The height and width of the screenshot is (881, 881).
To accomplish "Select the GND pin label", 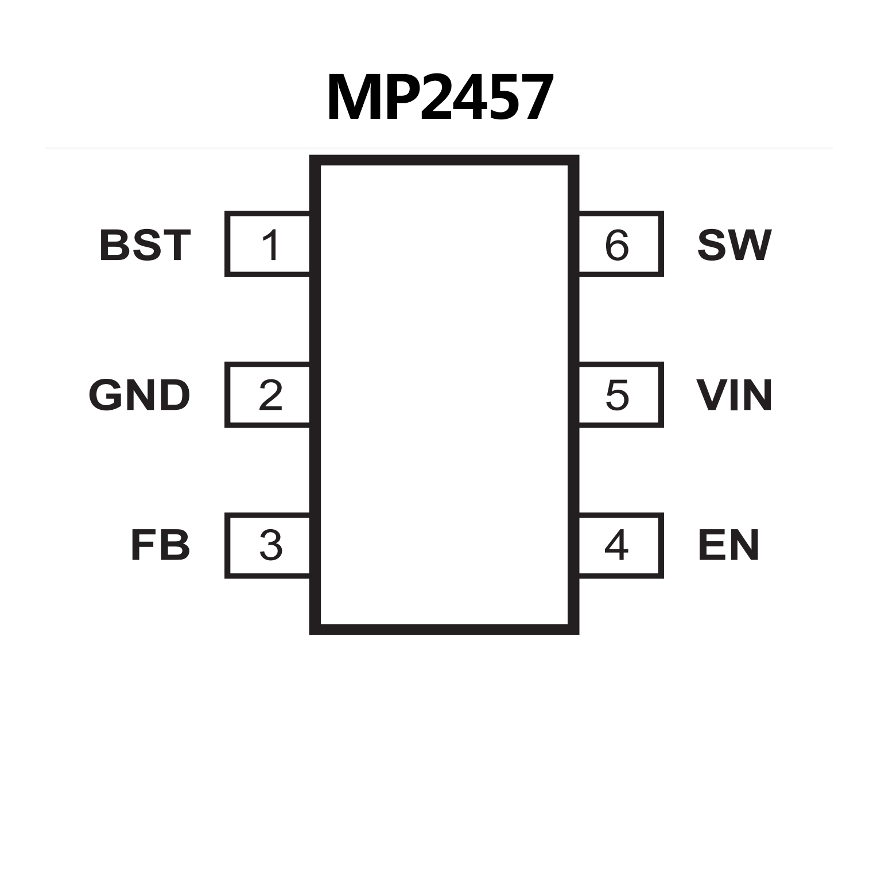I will pyautogui.click(x=139, y=395).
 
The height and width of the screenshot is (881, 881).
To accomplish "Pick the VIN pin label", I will pyautogui.click(x=734, y=395).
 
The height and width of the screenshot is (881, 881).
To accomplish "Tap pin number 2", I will pyautogui.click(x=270, y=395).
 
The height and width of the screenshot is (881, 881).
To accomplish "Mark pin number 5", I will pyautogui.click(x=617, y=395).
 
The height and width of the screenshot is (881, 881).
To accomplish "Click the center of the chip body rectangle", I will pyautogui.click(x=444, y=394).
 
